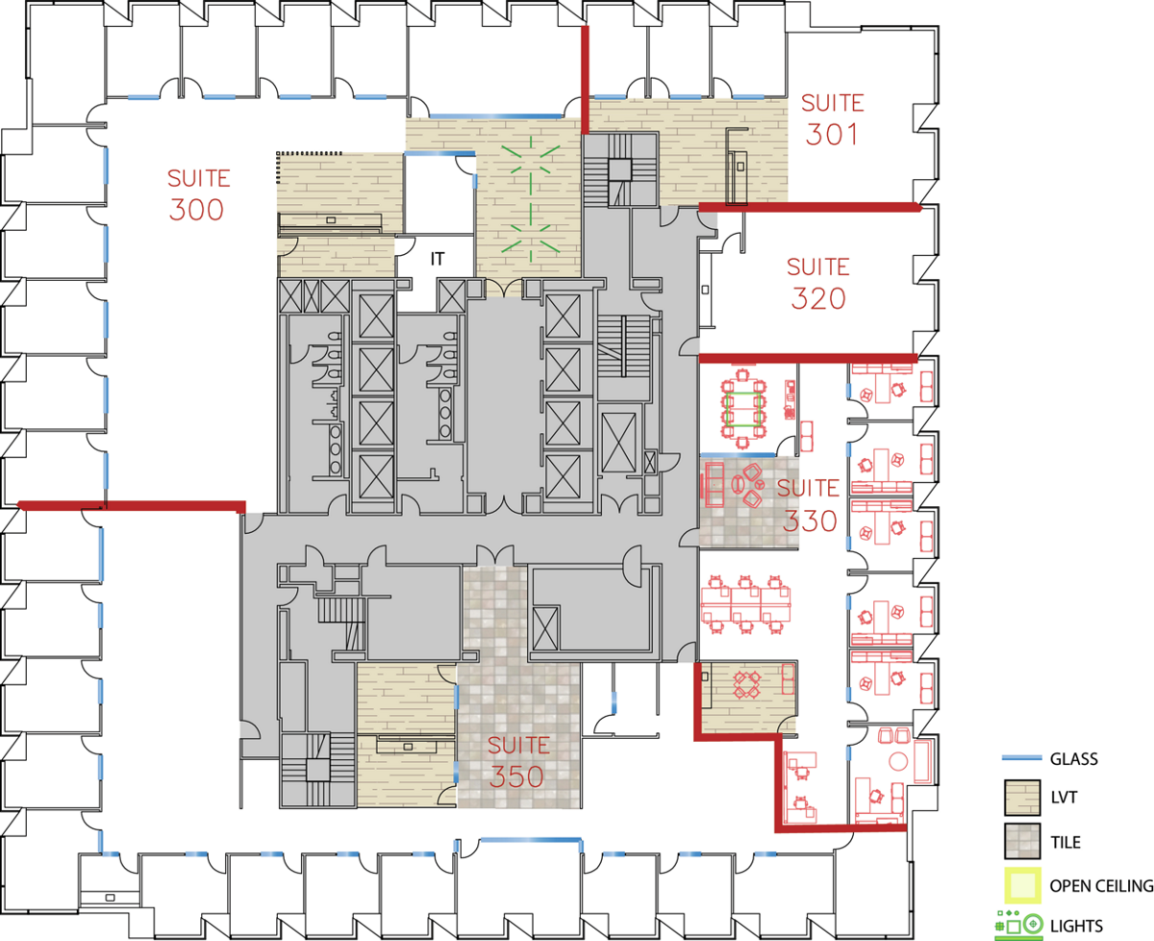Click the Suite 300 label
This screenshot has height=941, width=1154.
pyautogui.click(x=199, y=195)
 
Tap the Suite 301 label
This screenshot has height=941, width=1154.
pyautogui.click(x=832, y=120)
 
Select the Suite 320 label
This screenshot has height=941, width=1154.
pyautogui.click(x=818, y=284)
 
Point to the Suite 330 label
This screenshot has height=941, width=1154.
pyautogui.click(x=809, y=505)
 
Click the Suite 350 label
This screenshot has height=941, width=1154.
pyautogui.click(x=518, y=762)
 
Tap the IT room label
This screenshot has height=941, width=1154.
pyautogui.click(x=438, y=259)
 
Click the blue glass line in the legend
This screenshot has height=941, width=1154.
pyautogui.click(x=1022, y=758)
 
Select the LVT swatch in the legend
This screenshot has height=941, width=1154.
pyautogui.click(x=1022, y=798)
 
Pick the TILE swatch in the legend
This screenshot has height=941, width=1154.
pyautogui.click(x=1022, y=841)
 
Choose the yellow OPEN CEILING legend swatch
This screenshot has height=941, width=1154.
pyautogui.click(x=1022, y=885)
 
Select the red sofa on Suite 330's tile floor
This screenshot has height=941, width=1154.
pyautogui.click(x=713, y=484)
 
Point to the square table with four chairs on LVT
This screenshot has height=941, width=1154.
pyautogui.click(x=747, y=685)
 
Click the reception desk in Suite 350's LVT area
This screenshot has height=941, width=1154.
pyautogui.click(x=408, y=746)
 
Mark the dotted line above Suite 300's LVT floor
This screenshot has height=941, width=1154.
pyautogui.click(x=310, y=153)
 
